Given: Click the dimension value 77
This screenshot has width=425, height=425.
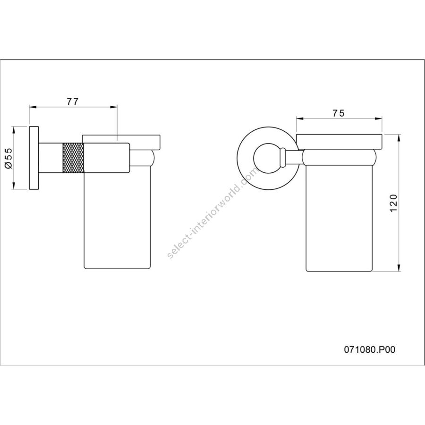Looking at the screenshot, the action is click(73, 102).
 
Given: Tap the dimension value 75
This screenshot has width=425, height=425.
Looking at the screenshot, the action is click(339, 113).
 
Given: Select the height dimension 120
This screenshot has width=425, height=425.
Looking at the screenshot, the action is click(393, 203).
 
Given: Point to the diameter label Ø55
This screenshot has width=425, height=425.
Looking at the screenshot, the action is click(8, 158).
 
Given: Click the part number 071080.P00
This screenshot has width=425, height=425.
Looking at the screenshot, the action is click(370, 349).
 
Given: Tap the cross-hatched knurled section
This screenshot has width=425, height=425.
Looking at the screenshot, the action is click(73, 157).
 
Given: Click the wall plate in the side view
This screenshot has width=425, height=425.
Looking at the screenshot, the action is click(34, 158).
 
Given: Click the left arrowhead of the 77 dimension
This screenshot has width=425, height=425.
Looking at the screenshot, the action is click(33, 107).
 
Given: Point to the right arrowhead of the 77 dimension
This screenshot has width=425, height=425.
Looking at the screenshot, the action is click(114, 107).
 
